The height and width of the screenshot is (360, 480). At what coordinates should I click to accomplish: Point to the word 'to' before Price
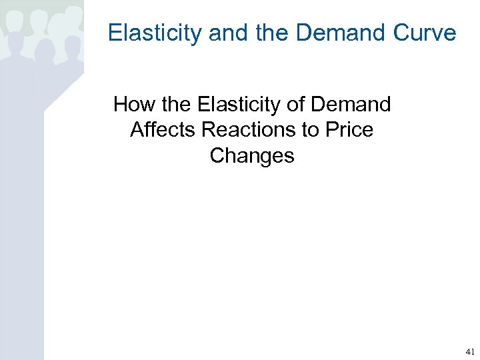pos(311,130)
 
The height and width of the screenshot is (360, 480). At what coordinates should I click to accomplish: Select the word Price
pos(351,130)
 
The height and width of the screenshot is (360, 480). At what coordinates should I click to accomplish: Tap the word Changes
pos(252,155)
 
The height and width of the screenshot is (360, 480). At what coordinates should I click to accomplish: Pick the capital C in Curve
pos(403,33)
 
